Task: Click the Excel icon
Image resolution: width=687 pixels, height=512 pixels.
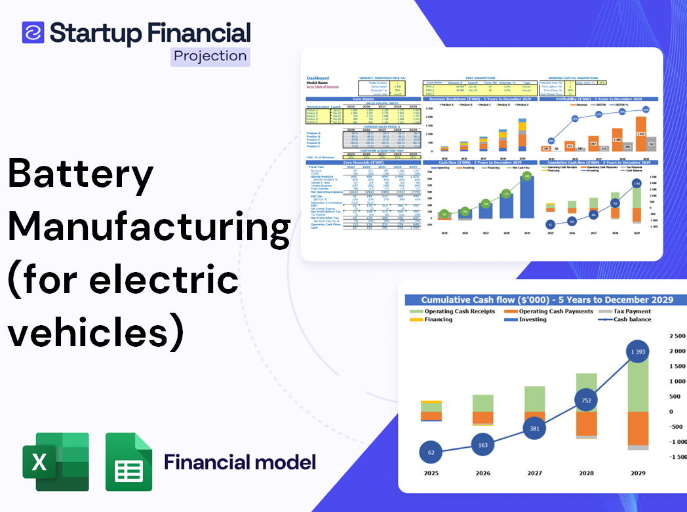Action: coord(56,462)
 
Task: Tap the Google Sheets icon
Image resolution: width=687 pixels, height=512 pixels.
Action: coord(129,462)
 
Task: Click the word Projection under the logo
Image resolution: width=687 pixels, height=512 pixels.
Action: coord(210,56)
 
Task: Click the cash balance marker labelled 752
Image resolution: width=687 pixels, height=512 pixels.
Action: coord(587,399)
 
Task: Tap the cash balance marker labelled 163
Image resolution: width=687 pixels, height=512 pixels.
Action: coord(483,445)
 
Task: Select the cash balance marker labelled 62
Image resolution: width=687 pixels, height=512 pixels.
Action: coord(431,452)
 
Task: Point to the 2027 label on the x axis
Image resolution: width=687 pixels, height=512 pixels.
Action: coord(534,473)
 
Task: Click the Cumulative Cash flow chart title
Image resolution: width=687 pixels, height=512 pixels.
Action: coord(547,300)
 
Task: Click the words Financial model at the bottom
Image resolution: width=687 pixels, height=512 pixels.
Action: coord(239,462)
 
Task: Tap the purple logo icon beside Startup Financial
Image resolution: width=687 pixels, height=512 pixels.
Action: coord(33,33)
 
